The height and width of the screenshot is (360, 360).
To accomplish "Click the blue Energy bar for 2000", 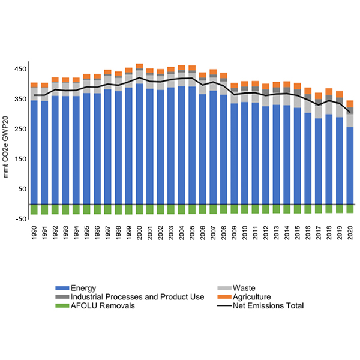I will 139,144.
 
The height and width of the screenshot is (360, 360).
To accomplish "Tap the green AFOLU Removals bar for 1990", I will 34,209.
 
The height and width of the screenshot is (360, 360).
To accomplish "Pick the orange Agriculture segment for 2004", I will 181,68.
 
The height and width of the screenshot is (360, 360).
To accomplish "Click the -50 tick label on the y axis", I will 20,220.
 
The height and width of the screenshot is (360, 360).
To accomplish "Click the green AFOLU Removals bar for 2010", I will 245,209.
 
